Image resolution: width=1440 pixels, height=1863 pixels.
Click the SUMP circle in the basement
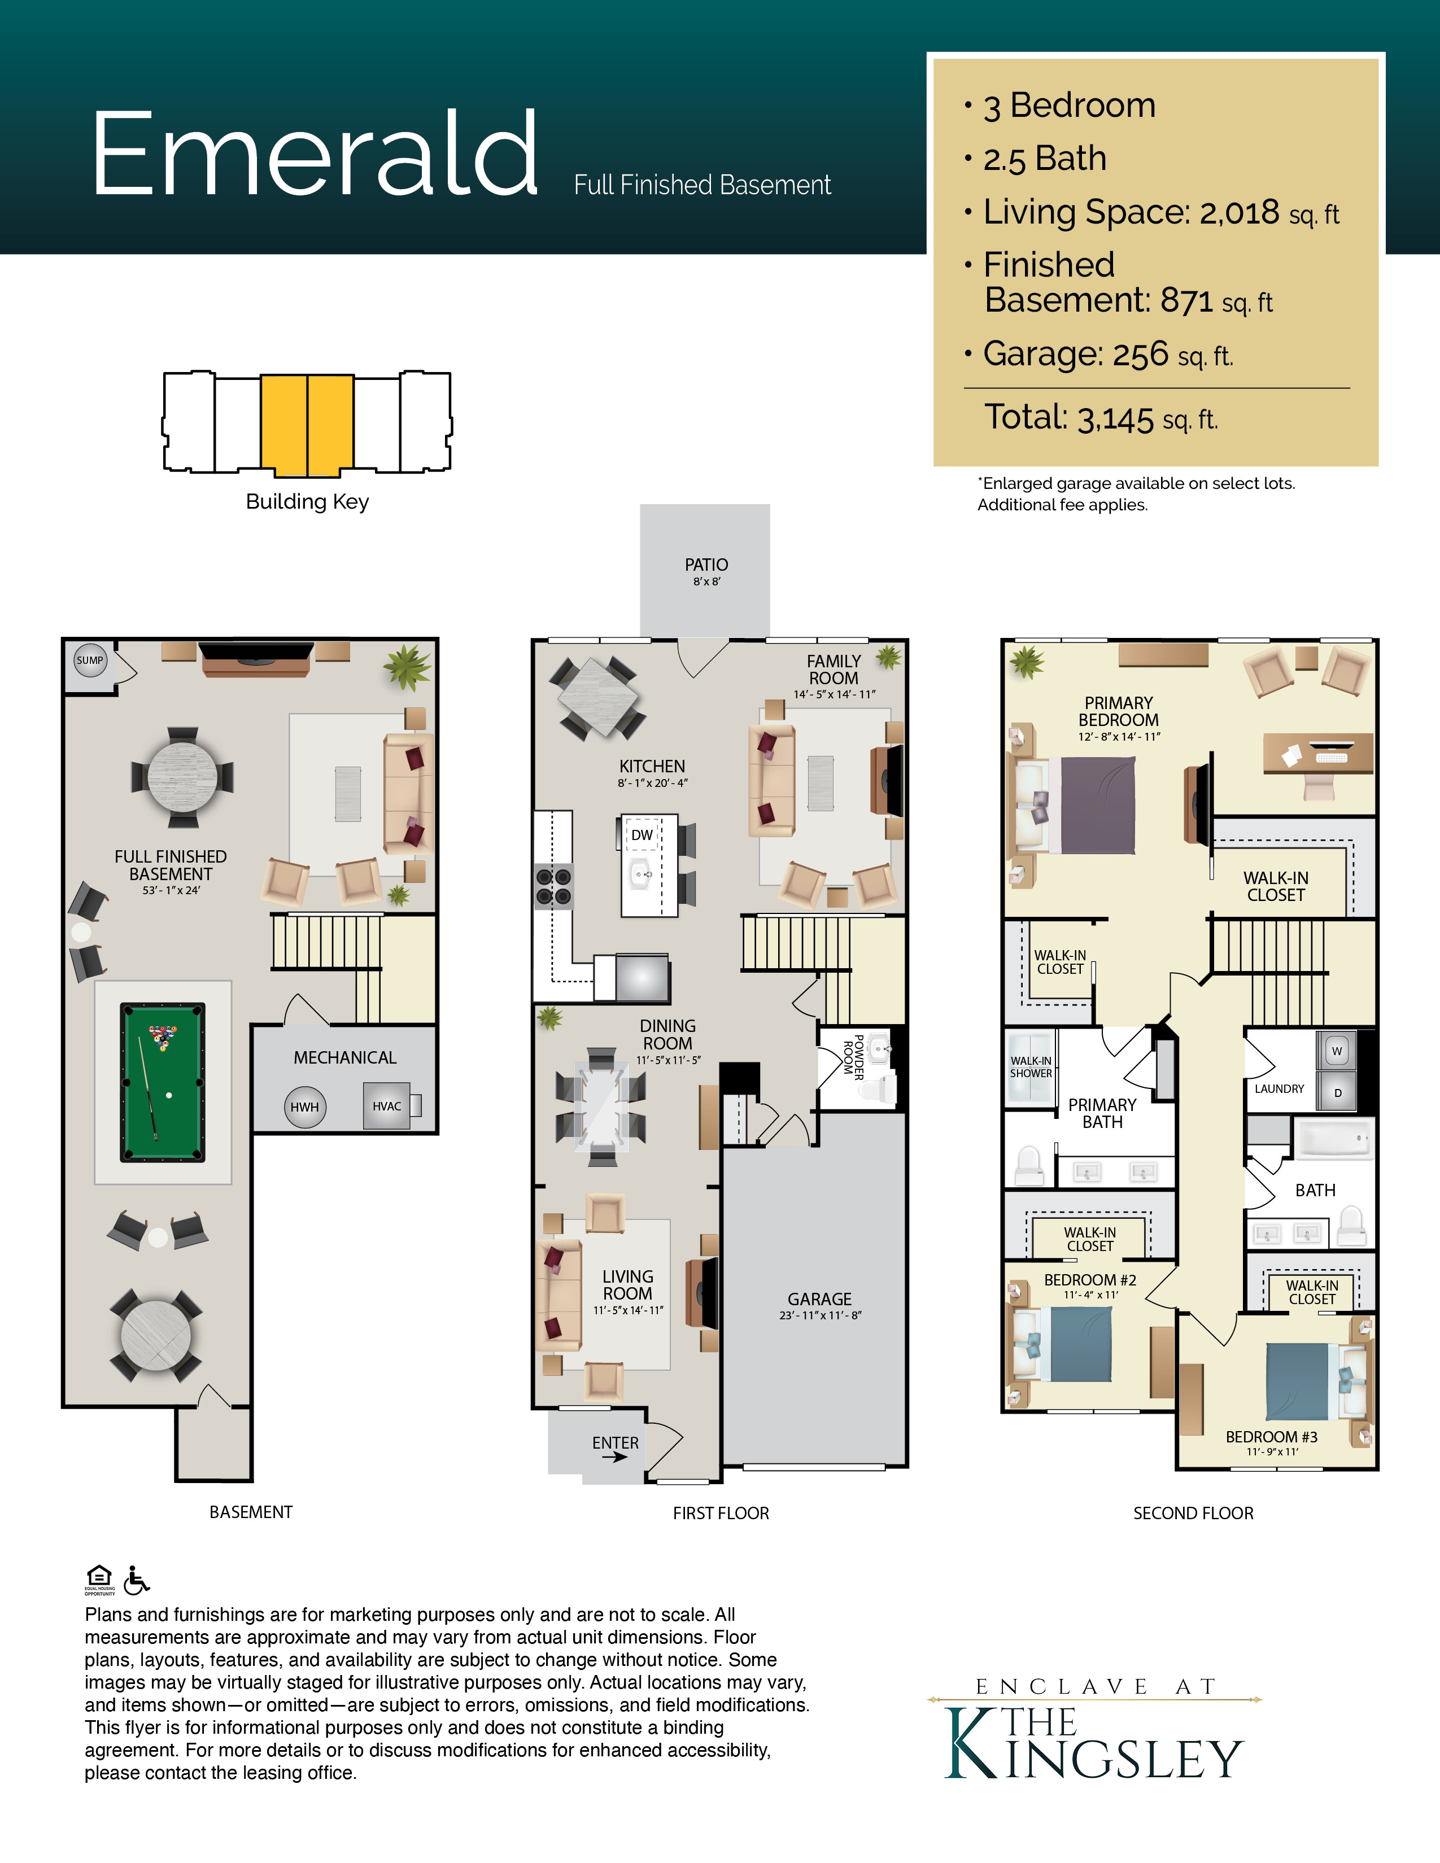click(90, 661)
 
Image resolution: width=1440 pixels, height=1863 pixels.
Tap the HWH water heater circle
click(304, 1107)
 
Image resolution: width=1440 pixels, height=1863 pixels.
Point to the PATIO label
click(706, 565)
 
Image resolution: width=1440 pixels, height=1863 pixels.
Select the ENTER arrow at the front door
click(615, 1457)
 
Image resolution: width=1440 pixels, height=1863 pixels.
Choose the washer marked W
click(1337, 1051)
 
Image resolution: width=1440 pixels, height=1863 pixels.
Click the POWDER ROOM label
click(854, 1058)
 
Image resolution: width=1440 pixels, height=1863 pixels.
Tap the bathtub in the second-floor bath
click(1333, 1138)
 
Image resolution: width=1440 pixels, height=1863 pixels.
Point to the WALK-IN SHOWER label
click(1031, 1067)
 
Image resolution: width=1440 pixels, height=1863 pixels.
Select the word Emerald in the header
click(315, 154)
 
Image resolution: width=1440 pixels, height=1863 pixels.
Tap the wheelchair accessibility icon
click(136, 1580)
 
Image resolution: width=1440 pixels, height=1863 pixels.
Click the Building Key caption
click(307, 501)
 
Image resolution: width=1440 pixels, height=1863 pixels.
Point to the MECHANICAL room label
click(344, 1058)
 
